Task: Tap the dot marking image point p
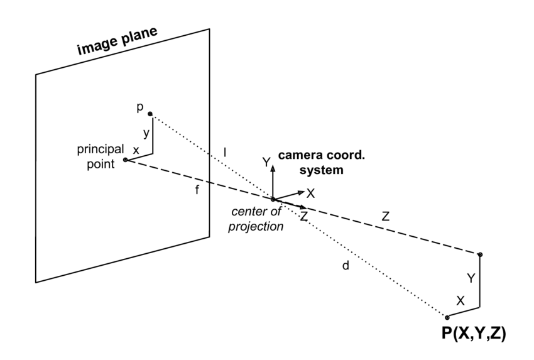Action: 150,114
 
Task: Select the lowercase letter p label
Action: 140,107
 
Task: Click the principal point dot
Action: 125,160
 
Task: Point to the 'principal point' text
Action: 101,156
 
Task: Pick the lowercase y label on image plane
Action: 145,134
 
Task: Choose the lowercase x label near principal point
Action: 135,150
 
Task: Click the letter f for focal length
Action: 197,190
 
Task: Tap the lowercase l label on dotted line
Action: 226,151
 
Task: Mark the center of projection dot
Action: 273,199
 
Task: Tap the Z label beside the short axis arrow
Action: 303,216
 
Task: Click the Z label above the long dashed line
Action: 385,216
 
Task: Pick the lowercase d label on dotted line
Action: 346,266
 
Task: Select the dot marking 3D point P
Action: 447,317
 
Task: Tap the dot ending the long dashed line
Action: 480,254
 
